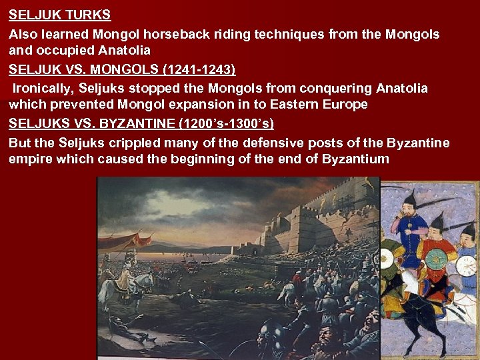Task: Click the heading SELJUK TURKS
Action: click(60, 14)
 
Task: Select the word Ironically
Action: click(41, 88)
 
